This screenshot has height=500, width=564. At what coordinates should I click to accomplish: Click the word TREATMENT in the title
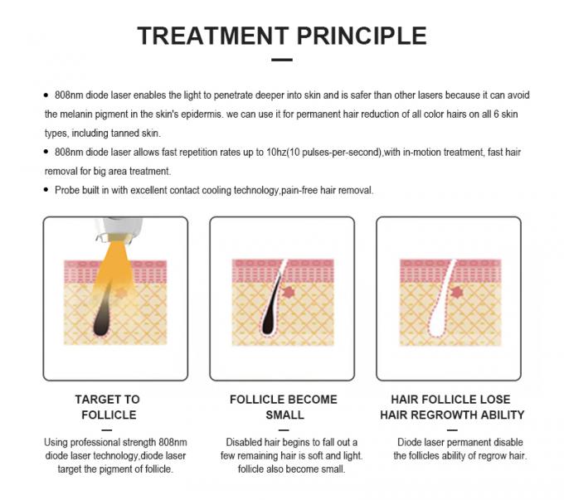pos(213,36)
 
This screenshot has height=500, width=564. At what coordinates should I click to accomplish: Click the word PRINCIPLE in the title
pos(362,36)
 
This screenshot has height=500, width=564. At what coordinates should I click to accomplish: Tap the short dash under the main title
pos(282,60)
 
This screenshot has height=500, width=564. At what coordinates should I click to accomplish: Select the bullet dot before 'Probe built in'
pos(46,190)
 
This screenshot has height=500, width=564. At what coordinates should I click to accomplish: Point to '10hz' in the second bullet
pos(276,153)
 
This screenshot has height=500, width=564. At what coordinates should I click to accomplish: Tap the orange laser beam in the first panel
pos(114,266)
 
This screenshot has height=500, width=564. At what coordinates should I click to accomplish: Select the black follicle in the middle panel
pos(270,305)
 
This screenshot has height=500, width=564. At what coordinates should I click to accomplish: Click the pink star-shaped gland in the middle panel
pos(289,292)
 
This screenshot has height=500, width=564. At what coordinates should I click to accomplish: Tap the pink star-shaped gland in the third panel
pos(456,292)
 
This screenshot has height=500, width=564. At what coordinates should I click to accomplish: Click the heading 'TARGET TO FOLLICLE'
pos(108,407)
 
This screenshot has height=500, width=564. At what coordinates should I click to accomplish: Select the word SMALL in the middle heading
pos(284,415)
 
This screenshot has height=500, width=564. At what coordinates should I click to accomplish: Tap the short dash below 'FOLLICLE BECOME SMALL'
pos(284,430)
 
